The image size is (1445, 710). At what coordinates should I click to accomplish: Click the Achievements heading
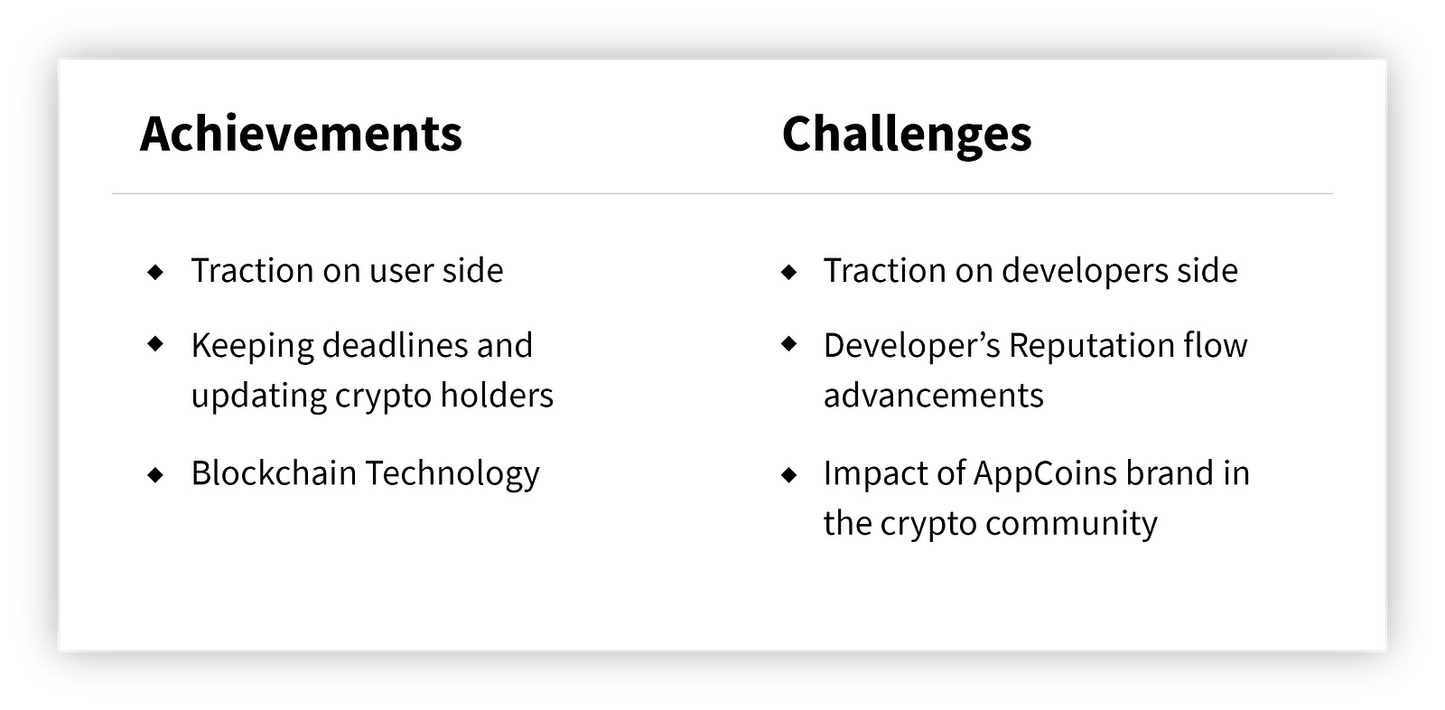point(301,134)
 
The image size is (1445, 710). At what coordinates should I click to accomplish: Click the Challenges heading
point(907,135)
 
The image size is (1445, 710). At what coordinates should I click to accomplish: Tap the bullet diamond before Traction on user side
point(155,272)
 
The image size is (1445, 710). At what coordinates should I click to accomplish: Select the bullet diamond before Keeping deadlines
point(155,343)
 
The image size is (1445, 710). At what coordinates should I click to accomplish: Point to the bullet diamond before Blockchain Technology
point(155,475)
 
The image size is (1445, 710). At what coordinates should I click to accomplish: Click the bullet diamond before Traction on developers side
point(789,272)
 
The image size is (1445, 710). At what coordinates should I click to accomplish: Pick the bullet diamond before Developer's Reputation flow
point(789,343)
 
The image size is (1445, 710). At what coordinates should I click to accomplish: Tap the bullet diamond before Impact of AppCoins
point(789,475)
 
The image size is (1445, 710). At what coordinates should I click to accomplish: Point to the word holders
point(497,395)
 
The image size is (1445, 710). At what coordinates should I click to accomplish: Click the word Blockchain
point(275,473)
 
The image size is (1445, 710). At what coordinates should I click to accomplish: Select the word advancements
point(934,395)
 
